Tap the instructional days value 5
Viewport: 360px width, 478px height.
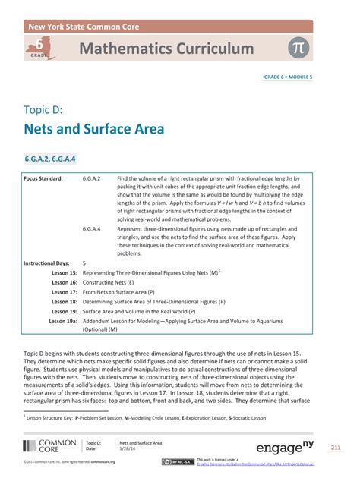click(x=84, y=263)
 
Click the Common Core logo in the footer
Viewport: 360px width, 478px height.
click(x=49, y=446)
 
